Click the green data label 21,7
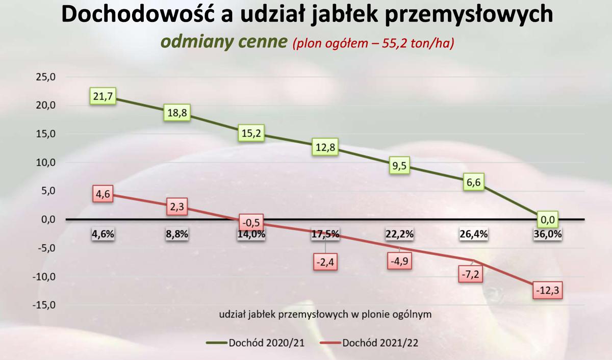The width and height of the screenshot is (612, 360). pyautogui.click(x=103, y=97)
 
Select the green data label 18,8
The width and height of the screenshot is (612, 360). pyautogui.click(x=176, y=113)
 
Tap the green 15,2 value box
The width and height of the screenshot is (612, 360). pyautogui.click(x=250, y=134)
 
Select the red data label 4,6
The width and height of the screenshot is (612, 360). pyautogui.click(x=103, y=194)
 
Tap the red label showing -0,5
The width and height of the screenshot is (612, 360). pyautogui.click(x=250, y=223)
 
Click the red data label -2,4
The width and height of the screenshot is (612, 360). pyautogui.click(x=325, y=263)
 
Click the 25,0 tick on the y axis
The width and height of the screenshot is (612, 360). pyautogui.click(x=45, y=77)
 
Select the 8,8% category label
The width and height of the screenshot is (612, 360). pyautogui.click(x=176, y=235)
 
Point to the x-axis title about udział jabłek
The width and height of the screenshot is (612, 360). pyautogui.click(x=325, y=314)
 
